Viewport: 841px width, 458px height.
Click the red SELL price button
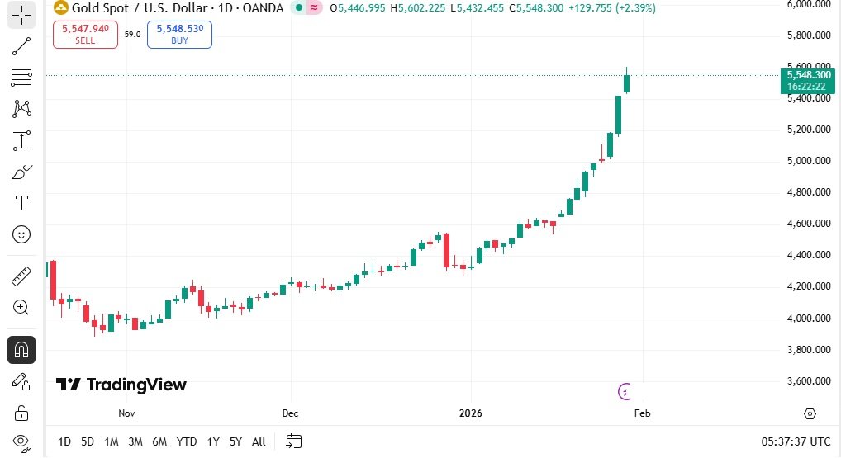pyautogui.click(x=85, y=34)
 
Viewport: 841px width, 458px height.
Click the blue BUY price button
pyautogui.click(x=179, y=34)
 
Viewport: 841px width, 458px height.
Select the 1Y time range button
pyautogui.click(x=213, y=441)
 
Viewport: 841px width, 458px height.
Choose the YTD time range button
pyautogui.click(x=187, y=441)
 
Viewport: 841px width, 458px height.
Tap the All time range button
pyautogui.click(x=259, y=441)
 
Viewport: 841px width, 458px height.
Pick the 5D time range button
pyautogui.click(x=87, y=441)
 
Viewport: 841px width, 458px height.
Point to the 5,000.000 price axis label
pyautogui.click(x=809, y=161)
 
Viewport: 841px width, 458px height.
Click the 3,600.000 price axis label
pyautogui.click(x=809, y=381)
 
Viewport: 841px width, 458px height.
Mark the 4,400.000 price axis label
pyautogui.click(x=809, y=255)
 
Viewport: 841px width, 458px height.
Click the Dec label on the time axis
pyautogui.click(x=289, y=413)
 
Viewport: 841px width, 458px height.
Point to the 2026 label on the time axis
pyautogui.click(x=470, y=413)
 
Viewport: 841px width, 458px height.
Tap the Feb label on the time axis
pyautogui.click(x=642, y=413)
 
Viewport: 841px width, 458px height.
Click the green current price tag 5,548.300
pyautogui.click(x=809, y=80)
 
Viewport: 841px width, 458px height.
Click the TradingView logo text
pyautogui.click(x=121, y=385)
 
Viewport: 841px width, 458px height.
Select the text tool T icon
pyautogui.click(x=21, y=203)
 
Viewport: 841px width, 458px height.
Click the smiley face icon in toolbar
pyautogui.click(x=21, y=234)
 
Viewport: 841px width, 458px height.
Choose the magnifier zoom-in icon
pyautogui.click(x=21, y=308)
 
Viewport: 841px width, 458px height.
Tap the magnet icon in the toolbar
pyautogui.click(x=21, y=350)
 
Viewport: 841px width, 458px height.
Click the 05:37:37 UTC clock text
pyautogui.click(x=796, y=441)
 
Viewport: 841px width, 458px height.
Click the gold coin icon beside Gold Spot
pyautogui.click(x=60, y=8)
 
